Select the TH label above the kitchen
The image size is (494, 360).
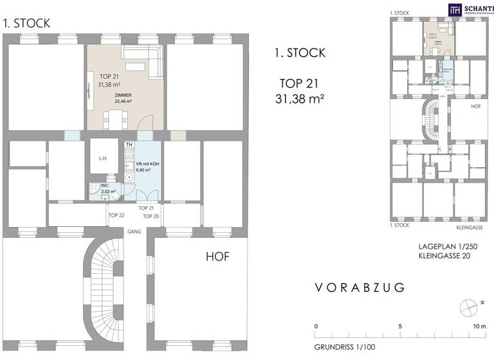[129, 145]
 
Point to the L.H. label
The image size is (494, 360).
[103, 158]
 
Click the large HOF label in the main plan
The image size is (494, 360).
[217, 256]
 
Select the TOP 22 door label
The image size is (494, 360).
[116, 215]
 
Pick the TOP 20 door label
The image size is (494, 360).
[151, 217]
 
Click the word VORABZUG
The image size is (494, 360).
[360, 287]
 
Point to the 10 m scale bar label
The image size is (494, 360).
[479, 327]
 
